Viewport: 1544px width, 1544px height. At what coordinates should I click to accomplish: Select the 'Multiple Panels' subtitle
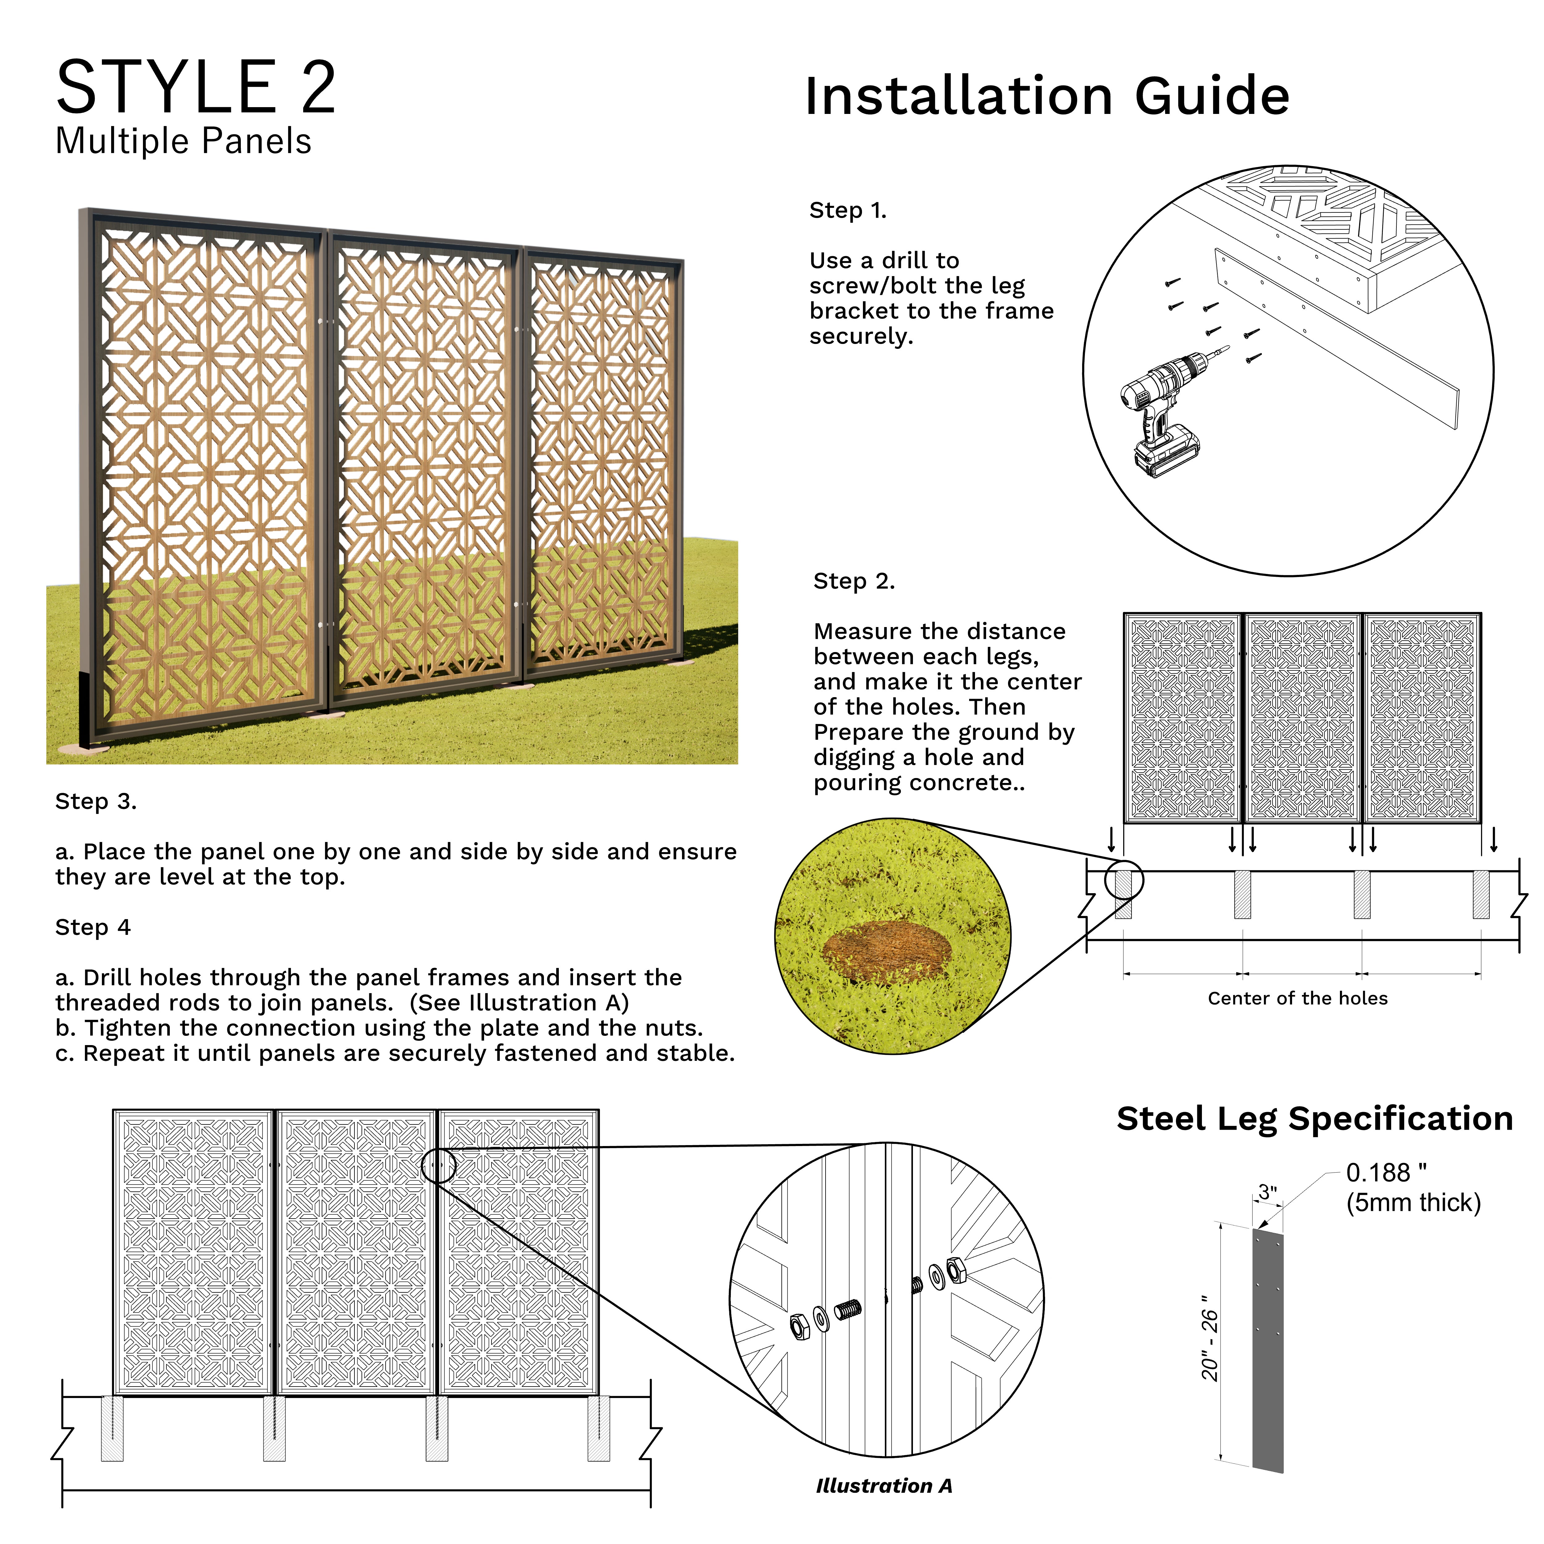click(x=183, y=141)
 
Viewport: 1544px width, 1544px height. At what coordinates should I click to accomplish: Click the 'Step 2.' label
click(x=854, y=581)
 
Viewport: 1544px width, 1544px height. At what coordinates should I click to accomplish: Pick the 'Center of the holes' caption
click(x=1297, y=998)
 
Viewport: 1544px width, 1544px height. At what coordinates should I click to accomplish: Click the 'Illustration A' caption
click(x=884, y=1486)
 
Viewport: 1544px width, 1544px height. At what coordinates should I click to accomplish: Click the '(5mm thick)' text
click(x=1413, y=1203)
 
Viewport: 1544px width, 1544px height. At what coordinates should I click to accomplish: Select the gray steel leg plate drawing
click(x=1267, y=1351)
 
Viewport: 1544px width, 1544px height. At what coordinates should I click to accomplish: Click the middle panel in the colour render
click(x=424, y=463)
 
